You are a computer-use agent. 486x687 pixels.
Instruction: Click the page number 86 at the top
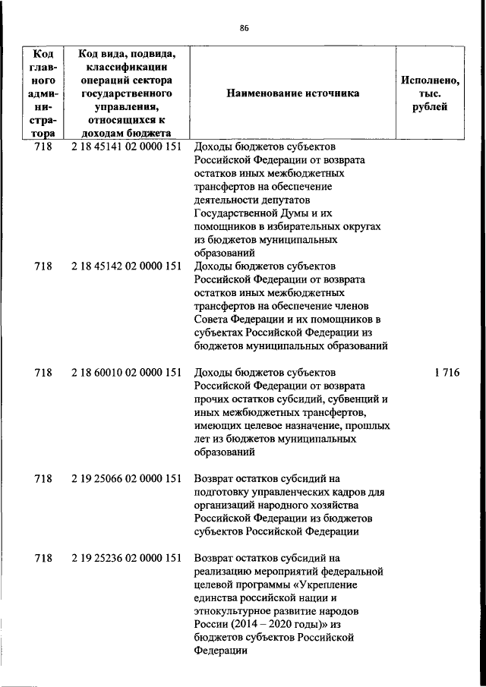244,28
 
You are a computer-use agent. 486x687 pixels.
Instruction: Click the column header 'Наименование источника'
292,93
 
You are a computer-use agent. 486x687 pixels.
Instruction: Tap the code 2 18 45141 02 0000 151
126,147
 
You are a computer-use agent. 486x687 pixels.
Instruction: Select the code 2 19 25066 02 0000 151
126,478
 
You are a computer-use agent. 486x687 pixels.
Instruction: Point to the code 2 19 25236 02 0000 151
126,558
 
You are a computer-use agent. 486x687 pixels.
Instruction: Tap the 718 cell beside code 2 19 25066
43,478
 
